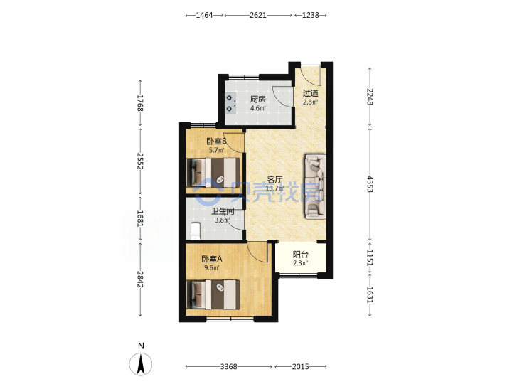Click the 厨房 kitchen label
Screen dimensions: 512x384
click(x=257, y=99)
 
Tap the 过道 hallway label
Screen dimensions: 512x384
click(x=310, y=93)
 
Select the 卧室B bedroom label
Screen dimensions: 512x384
click(x=216, y=141)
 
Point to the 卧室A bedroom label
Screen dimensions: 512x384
click(x=212, y=259)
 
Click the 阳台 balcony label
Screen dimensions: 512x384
click(x=300, y=254)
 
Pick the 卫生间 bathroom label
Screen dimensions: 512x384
click(x=223, y=211)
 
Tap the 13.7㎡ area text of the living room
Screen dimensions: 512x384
click(x=274, y=188)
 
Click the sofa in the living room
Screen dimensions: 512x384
click(x=315, y=186)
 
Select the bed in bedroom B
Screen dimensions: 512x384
click(x=213, y=173)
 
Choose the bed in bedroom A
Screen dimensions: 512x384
click(x=213, y=294)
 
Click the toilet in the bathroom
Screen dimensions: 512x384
click(x=195, y=231)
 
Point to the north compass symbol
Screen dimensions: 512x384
click(x=141, y=364)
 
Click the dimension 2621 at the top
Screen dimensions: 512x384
click(x=258, y=15)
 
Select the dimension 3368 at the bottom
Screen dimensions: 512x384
click(x=228, y=367)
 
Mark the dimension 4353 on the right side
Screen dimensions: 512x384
click(x=370, y=184)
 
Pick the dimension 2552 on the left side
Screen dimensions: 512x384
click(x=140, y=161)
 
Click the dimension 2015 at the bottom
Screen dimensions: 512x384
click(x=300, y=367)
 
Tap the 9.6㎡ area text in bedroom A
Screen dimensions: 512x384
click(x=212, y=268)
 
